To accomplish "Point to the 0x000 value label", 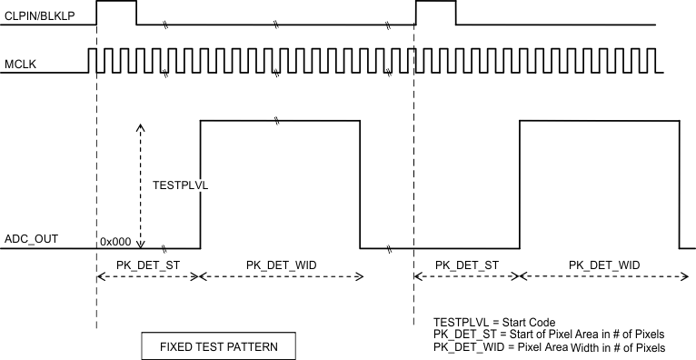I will coord(114,240).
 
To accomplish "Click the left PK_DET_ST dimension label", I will coord(147,265).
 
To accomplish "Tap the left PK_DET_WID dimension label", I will coord(282,265).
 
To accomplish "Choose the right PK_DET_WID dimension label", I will coord(604,265).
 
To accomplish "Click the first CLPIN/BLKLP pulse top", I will coord(115,3).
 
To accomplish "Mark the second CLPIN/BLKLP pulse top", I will coord(435,3).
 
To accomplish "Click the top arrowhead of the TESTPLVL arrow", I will coord(140,128).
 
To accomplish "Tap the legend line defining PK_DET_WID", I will coord(549,348).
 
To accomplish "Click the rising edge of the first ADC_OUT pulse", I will coord(200,182).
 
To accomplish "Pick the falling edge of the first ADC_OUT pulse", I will coord(360,182).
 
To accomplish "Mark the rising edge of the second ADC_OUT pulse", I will coord(520,182).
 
